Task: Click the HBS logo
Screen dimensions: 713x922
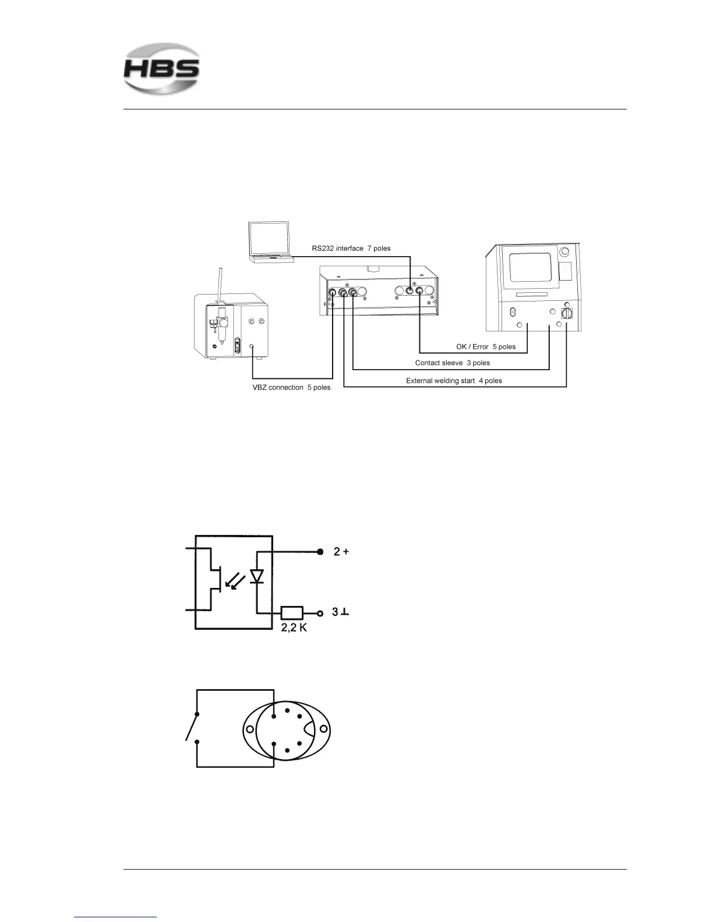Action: tap(161, 69)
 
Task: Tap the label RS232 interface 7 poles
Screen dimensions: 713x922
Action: tap(351, 249)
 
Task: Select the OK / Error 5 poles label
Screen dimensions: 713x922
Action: tap(485, 347)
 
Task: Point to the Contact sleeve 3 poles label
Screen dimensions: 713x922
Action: tap(452, 363)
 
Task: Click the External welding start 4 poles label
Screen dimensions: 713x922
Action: tap(454, 381)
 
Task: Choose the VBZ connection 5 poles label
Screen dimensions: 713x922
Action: tap(291, 388)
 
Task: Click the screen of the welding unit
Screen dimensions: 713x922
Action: tap(530, 267)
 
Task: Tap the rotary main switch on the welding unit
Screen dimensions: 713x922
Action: tap(566, 313)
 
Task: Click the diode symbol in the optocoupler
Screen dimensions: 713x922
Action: tap(257, 577)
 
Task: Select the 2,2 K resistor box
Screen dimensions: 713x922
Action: tap(292, 613)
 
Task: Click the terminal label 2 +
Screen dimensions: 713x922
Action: tap(341, 552)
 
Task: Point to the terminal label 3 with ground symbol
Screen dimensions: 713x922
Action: tap(340, 612)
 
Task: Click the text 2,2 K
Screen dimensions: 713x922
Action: tap(294, 628)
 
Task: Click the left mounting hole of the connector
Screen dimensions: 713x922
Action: tap(249, 729)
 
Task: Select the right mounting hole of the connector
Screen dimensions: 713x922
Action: tap(323, 729)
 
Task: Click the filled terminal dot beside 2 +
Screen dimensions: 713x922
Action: tap(320, 552)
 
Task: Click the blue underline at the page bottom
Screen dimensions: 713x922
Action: tap(115, 917)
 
